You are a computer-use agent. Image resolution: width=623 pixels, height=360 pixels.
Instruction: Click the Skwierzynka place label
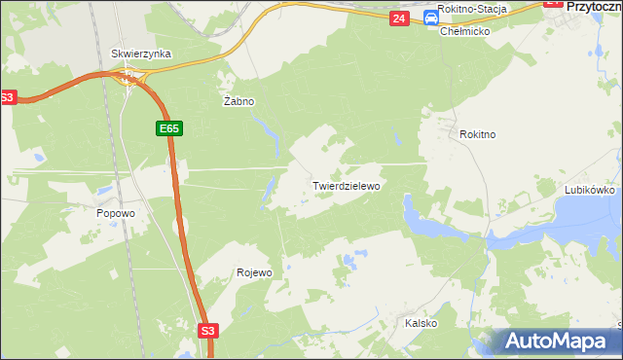click(x=142, y=54)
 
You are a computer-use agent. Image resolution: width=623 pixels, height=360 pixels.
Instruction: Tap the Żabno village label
click(x=238, y=100)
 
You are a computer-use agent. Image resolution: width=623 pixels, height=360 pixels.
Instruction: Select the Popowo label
click(x=115, y=213)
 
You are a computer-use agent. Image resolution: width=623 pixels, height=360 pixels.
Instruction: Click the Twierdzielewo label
click(x=346, y=184)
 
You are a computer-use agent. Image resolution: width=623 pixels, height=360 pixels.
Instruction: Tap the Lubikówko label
click(x=590, y=191)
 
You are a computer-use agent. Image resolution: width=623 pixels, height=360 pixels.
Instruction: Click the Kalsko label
click(x=421, y=323)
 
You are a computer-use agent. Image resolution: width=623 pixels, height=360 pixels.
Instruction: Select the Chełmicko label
click(x=464, y=31)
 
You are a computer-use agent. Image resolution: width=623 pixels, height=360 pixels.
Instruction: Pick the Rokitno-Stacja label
click(x=472, y=9)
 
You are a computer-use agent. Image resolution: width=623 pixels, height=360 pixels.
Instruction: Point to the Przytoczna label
click(x=594, y=6)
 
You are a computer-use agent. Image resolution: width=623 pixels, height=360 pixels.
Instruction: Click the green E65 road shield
click(x=167, y=128)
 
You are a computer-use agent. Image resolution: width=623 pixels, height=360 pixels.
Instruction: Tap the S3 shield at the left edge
click(x=8, y=97)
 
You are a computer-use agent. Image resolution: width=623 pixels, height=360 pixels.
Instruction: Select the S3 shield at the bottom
click(x=207, y=331)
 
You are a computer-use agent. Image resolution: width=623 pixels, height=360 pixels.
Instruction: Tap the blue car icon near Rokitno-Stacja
click(x=430, y=18)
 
